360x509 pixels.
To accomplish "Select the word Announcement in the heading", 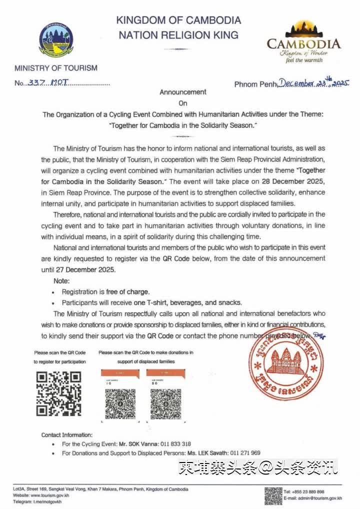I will click(182, 92).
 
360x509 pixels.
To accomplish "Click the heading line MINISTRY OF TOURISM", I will click(56, 68).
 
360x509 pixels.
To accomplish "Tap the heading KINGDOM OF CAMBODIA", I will click(178, 20).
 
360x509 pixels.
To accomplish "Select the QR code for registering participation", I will click(59, 393).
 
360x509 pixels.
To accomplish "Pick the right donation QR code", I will click(165, 403).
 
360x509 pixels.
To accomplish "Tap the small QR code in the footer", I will click(273, 495).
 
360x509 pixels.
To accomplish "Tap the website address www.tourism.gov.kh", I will click(46, 495).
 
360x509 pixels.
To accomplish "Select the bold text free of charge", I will click(127, 291).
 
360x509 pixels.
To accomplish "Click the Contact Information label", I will click(67, 435).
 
